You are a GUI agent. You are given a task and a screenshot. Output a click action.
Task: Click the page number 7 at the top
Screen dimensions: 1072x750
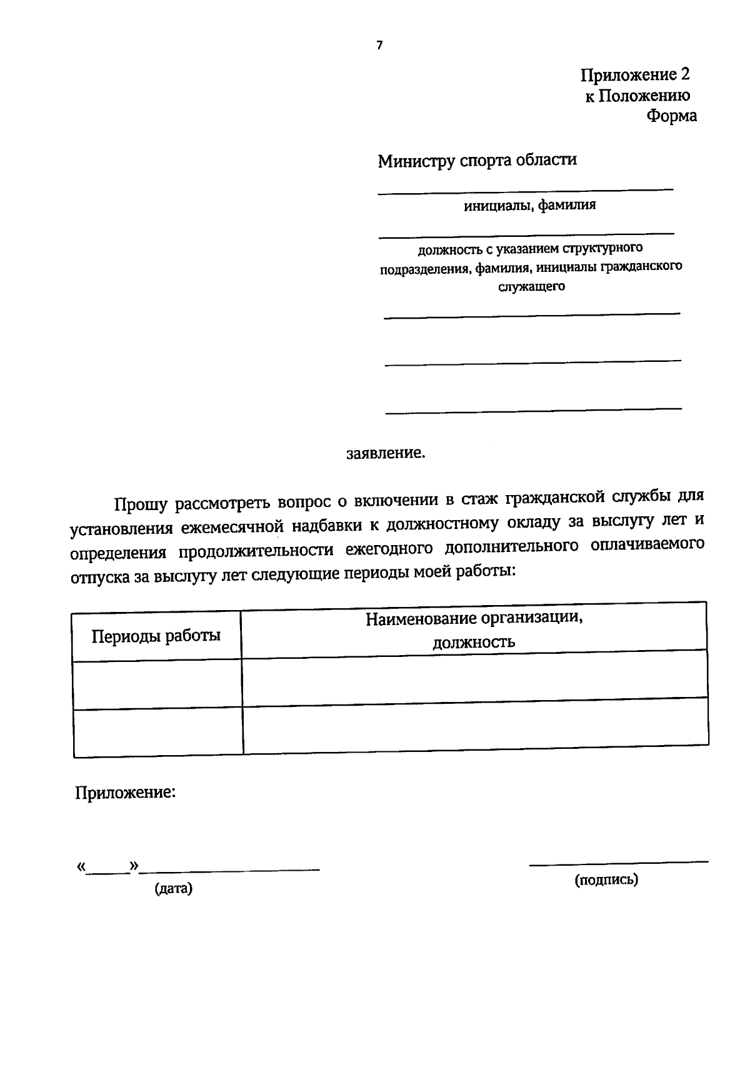pos(379,45)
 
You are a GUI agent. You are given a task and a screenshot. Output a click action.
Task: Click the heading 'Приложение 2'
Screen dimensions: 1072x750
pos(635,75)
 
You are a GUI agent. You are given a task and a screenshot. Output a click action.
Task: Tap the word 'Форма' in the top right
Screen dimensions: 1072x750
pos(671,116)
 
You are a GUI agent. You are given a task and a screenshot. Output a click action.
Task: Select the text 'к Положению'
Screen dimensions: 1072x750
pos(637,96)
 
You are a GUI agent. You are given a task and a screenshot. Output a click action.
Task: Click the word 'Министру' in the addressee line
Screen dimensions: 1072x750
pos(416,161)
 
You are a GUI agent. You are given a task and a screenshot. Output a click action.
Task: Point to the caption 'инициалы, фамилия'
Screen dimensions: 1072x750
pos(529,205)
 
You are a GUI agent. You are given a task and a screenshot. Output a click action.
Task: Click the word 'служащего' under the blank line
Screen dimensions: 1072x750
pos(531,287)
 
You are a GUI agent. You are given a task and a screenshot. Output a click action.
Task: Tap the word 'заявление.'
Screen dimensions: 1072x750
pos(386,453)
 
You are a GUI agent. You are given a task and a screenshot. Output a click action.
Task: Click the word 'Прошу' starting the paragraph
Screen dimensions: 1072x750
pos(141,504)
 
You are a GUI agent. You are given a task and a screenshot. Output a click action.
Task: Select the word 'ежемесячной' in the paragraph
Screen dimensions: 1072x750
pos(232,527)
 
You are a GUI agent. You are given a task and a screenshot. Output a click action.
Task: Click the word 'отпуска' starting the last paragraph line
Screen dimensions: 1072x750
pos(100,576)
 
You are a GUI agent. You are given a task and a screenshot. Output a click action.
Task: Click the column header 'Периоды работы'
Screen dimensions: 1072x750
pos(156,636)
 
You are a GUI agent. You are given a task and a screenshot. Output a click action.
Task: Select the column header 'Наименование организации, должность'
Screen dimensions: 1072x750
pos(474,629)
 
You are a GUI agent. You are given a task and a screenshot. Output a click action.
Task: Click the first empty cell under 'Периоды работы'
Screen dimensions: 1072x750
pos(157,684)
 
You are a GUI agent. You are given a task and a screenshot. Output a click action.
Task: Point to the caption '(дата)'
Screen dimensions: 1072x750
pos(173,888)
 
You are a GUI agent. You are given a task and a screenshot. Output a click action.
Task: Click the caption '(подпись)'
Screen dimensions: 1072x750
pos(606,879)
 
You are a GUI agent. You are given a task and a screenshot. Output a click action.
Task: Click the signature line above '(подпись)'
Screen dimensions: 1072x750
pos(619,863)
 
